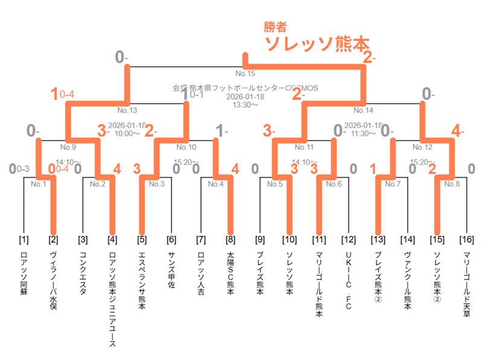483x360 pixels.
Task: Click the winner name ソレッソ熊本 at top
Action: (x=316, y=43)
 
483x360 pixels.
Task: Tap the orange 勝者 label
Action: (x=275, y=27)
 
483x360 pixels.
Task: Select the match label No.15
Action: (x=246, y=74)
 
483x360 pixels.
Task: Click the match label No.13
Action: (x=127, y=111)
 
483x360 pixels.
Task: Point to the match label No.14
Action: (x=363, y=111)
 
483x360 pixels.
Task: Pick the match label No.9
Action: (x=68, y=147)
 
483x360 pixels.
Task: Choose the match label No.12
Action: (x=422, y=147)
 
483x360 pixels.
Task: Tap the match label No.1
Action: (x=39, y=184)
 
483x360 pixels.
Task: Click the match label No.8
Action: (x=452, y=184)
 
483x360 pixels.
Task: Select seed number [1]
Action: (x=24, y=240)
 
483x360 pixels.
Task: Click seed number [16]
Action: (x=466, y=240)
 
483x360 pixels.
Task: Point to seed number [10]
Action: (x=289, y=240)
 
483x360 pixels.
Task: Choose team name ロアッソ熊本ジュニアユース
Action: (x=112, y=298)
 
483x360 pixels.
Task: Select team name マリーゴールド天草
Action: (x=466, y=281)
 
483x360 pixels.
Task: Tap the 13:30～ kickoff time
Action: (x=246, y=104)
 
